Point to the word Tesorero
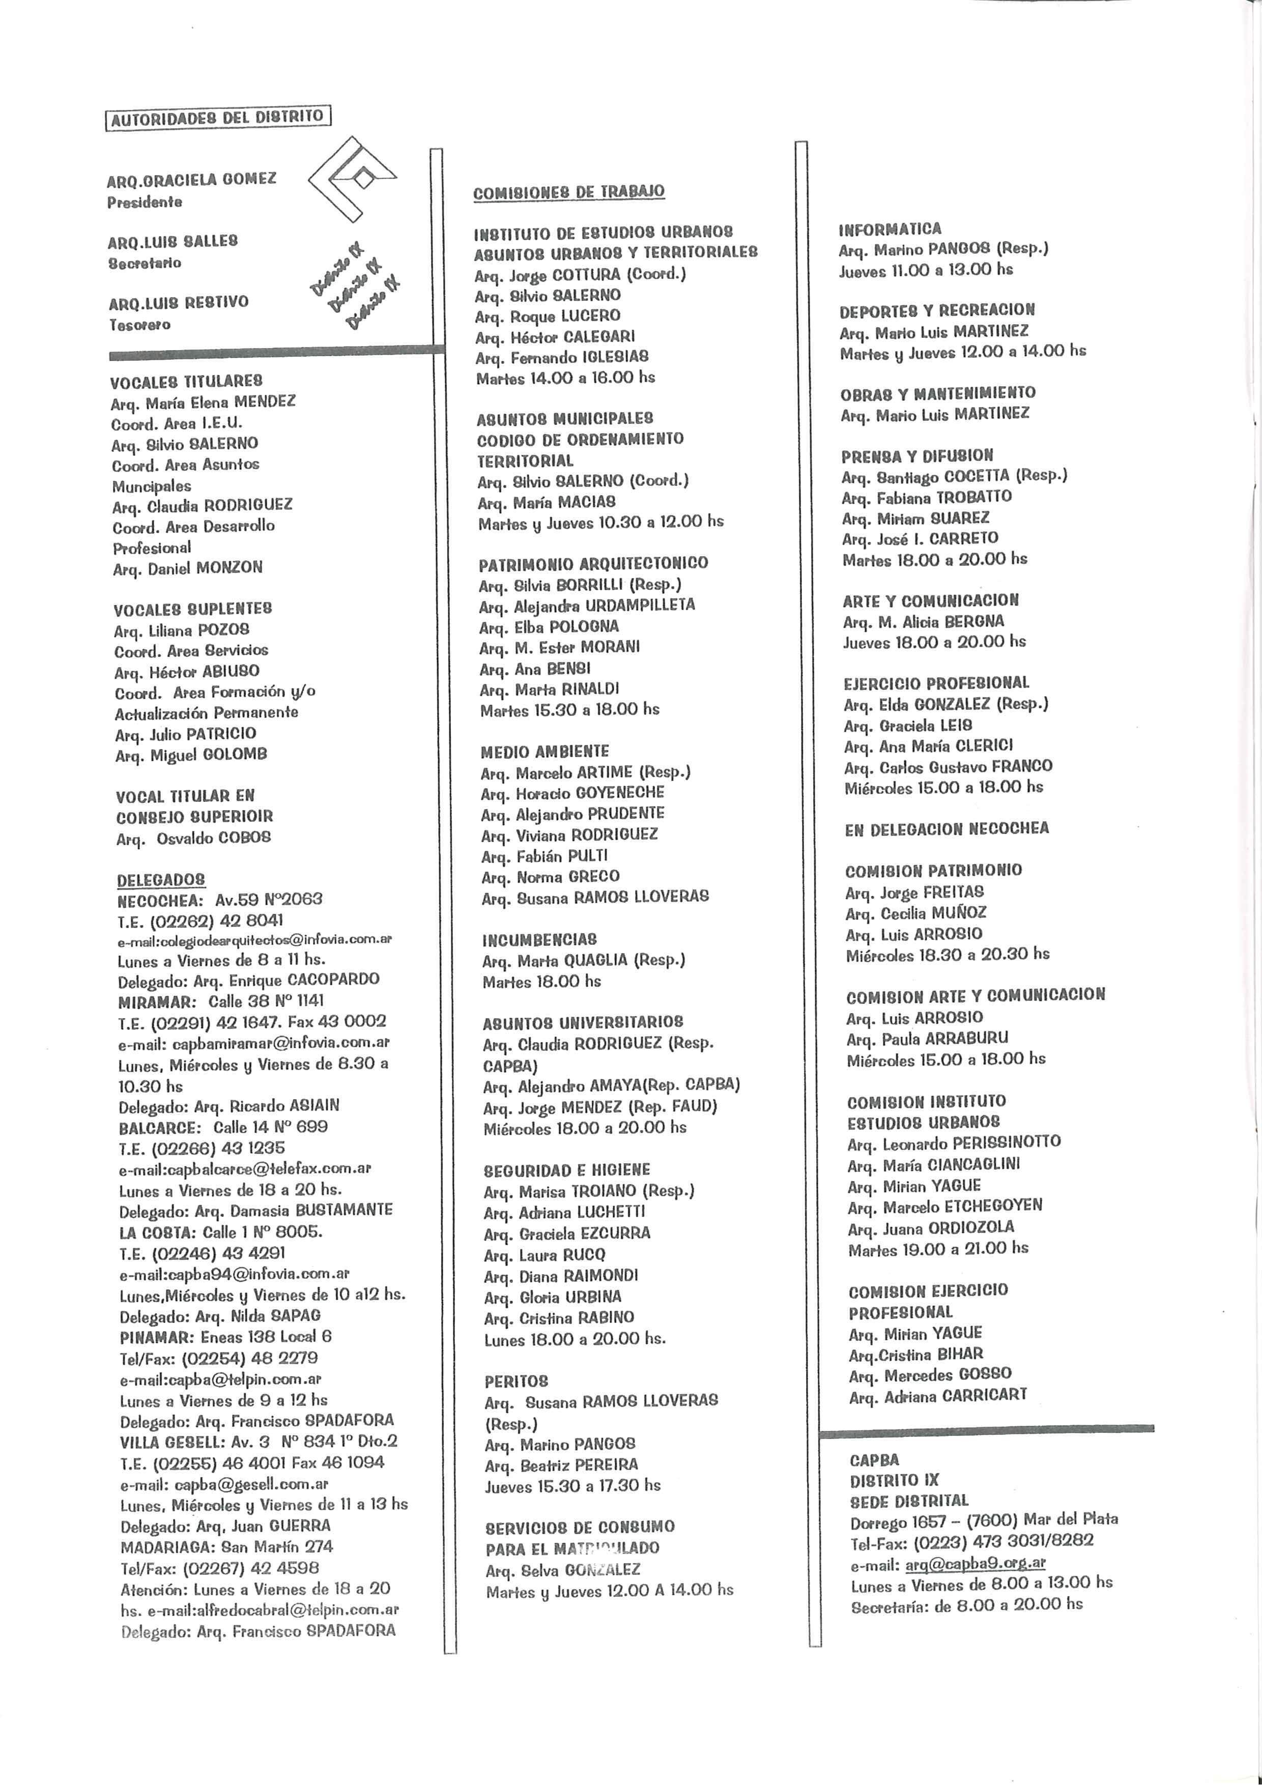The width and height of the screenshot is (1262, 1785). click(x=140, y=325)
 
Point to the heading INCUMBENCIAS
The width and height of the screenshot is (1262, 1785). click(x=539, y=939)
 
